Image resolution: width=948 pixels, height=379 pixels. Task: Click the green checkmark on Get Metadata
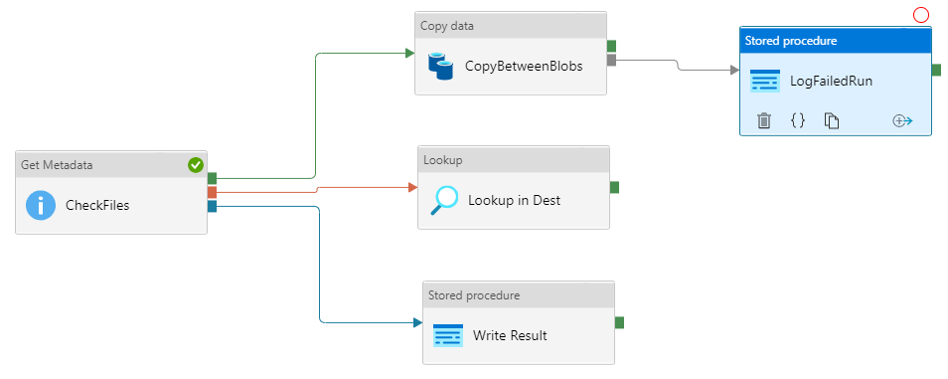pos(196,165)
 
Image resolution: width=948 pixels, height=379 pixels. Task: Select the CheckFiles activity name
pos(97,206)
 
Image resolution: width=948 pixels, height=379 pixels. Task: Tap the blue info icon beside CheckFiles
pos(41,206)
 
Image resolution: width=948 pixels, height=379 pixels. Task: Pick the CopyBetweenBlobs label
pos(524,66)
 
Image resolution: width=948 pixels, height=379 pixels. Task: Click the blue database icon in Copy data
pos(440,66)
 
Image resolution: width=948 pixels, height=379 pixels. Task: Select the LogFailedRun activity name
pos(831,81)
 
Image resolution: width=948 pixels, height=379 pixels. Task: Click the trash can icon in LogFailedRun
pos(764,120)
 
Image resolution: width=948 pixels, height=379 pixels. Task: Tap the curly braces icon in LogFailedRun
pos(797,120)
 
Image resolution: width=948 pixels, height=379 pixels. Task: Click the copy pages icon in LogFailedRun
pos(832,120)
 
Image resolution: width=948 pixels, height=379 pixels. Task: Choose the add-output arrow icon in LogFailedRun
pos(902,120)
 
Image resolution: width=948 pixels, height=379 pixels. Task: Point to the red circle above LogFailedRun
pos(920,14)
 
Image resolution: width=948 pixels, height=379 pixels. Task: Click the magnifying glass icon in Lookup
pos(443,200)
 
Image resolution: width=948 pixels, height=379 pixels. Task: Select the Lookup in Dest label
pos(514,200)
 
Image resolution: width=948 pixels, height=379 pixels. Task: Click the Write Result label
pos(510,335)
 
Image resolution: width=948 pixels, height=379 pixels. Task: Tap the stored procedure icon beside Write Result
pos(448,335)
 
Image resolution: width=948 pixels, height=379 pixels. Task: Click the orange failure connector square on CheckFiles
pos(213,192)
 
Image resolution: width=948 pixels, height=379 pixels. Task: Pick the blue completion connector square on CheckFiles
pos(213,206)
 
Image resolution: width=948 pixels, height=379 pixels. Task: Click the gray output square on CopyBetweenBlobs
pos(612,61)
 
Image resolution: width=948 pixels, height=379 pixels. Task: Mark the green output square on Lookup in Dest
pos(615,187)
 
